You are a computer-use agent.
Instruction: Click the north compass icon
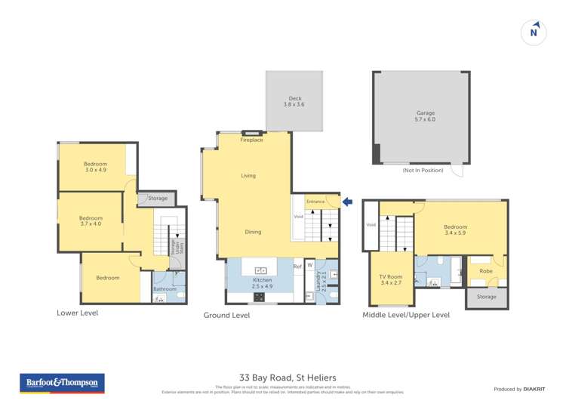click(x=534, y=32)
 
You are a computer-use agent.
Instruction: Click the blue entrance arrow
click(x=347, y=202)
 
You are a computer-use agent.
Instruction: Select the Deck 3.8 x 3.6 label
click(x=295, y=101)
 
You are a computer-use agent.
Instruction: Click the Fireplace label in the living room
click(x=251, y=140)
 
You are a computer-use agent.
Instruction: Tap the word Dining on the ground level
click(x=253, y=232)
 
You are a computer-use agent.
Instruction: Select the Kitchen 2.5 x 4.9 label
click(x=262, y=283)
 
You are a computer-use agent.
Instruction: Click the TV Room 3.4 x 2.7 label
click(x=391, y=280)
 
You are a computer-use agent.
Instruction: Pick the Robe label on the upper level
click(x=486, y=270)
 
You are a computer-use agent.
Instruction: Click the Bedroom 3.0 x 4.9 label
click(x=95, y=167)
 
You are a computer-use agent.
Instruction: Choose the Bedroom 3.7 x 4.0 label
click(x=91, y=221)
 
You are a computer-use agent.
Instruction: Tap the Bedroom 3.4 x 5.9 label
click(x=455, y=230)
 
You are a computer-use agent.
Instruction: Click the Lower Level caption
click(x=78, y=312)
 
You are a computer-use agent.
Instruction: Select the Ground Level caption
click(x=226, y=315)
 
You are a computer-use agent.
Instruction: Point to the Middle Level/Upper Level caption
click(x=406, y=315)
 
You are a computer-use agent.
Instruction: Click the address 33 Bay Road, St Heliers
click(x=283, y=378)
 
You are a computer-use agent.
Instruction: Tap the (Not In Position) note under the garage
click(x=423, y=171)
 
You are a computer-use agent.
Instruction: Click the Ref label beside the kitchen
click(x=297, y=266)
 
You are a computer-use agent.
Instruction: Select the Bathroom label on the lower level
click(x=165, y=289)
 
